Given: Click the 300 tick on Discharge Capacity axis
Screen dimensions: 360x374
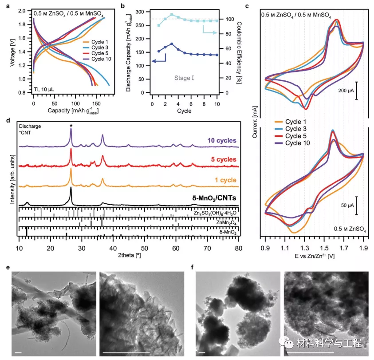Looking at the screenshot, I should tap(145, 12).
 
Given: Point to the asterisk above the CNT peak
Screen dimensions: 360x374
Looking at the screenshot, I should tap(71, 127).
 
